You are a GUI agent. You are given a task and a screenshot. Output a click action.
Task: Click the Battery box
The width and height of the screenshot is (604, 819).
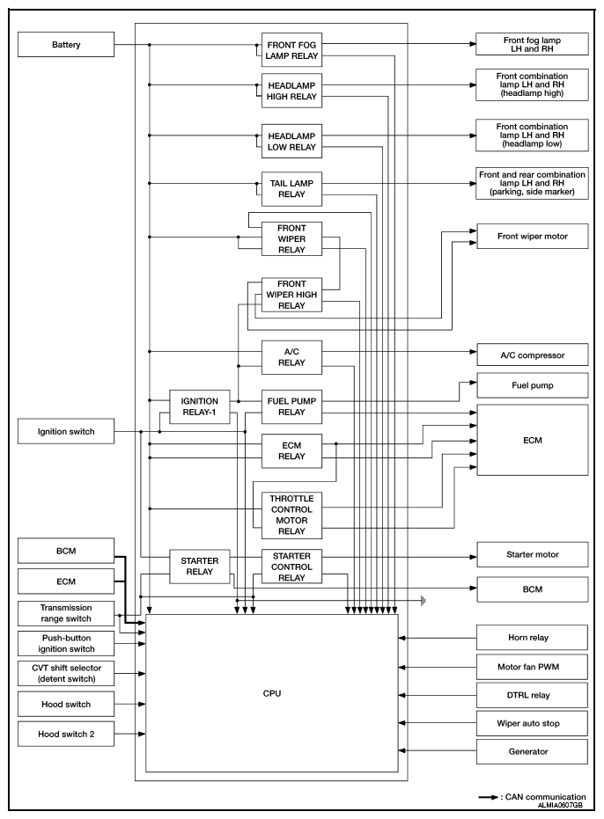tap(66, 44)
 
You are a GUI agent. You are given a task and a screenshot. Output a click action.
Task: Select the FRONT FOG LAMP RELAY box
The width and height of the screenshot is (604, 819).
tap(291, 50)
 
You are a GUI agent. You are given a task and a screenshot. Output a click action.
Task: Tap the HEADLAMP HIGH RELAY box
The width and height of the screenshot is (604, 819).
tap(291, 91)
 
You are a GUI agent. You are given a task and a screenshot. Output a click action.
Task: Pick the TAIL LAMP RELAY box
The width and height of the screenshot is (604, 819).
tap(291, 188)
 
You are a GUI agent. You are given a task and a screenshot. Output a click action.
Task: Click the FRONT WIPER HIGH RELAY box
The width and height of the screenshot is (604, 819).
tap(291, 295)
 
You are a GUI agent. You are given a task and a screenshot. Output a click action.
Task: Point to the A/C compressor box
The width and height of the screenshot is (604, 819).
tap(533, 355)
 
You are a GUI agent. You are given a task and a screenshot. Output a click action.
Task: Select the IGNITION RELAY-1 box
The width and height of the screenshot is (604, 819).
tap(199, 406)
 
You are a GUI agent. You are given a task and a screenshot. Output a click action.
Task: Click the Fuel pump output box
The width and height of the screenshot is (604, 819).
tap(533, 385)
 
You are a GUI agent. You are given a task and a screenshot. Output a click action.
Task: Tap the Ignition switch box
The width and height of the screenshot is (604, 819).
tap(66, 431)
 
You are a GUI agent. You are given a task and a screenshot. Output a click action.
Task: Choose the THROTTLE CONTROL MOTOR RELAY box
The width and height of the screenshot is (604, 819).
tap(291, 515)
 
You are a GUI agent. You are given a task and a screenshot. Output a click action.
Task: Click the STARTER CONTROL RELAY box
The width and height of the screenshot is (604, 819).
tap(291, 567)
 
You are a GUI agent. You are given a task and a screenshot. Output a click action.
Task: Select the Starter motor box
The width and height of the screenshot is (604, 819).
tap(533, 555)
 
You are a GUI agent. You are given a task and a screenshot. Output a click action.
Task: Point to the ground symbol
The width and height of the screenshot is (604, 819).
tap(423, 601)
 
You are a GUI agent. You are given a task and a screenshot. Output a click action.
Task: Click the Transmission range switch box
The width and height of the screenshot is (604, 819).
tap(66, 613)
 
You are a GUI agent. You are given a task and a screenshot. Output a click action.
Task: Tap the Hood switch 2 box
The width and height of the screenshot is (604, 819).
tap(66, 734)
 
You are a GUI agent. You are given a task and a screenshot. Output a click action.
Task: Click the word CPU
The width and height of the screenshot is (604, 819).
tap(272, 693)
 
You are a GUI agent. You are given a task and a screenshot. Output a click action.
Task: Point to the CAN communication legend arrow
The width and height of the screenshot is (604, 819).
tap(488, 798)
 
